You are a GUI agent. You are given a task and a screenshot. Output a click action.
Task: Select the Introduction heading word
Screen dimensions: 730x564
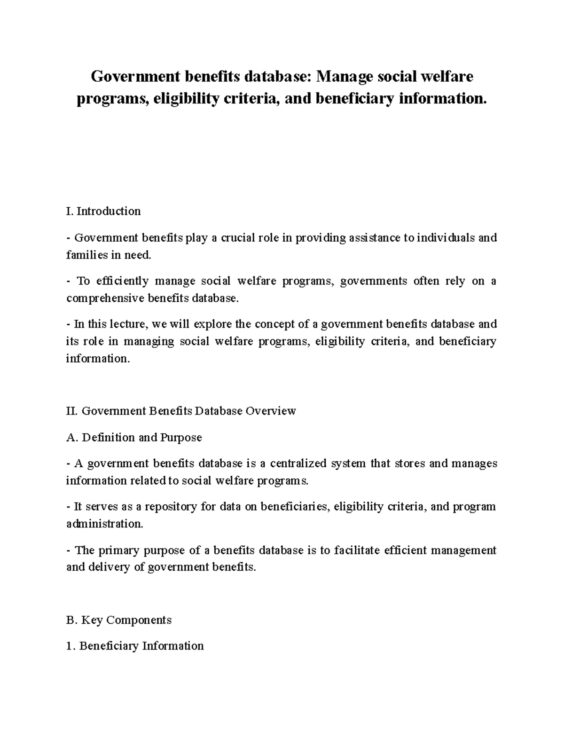pos(109,211)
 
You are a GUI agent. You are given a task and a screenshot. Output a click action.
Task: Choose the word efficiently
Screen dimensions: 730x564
pos(122,281)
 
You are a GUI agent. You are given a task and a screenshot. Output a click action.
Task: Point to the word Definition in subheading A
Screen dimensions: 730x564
pos(109,438)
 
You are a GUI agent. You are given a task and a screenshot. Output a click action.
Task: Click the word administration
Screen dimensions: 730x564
pos(104,524)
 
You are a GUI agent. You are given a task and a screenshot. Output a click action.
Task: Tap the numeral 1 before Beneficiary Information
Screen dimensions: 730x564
pos(70,646)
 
